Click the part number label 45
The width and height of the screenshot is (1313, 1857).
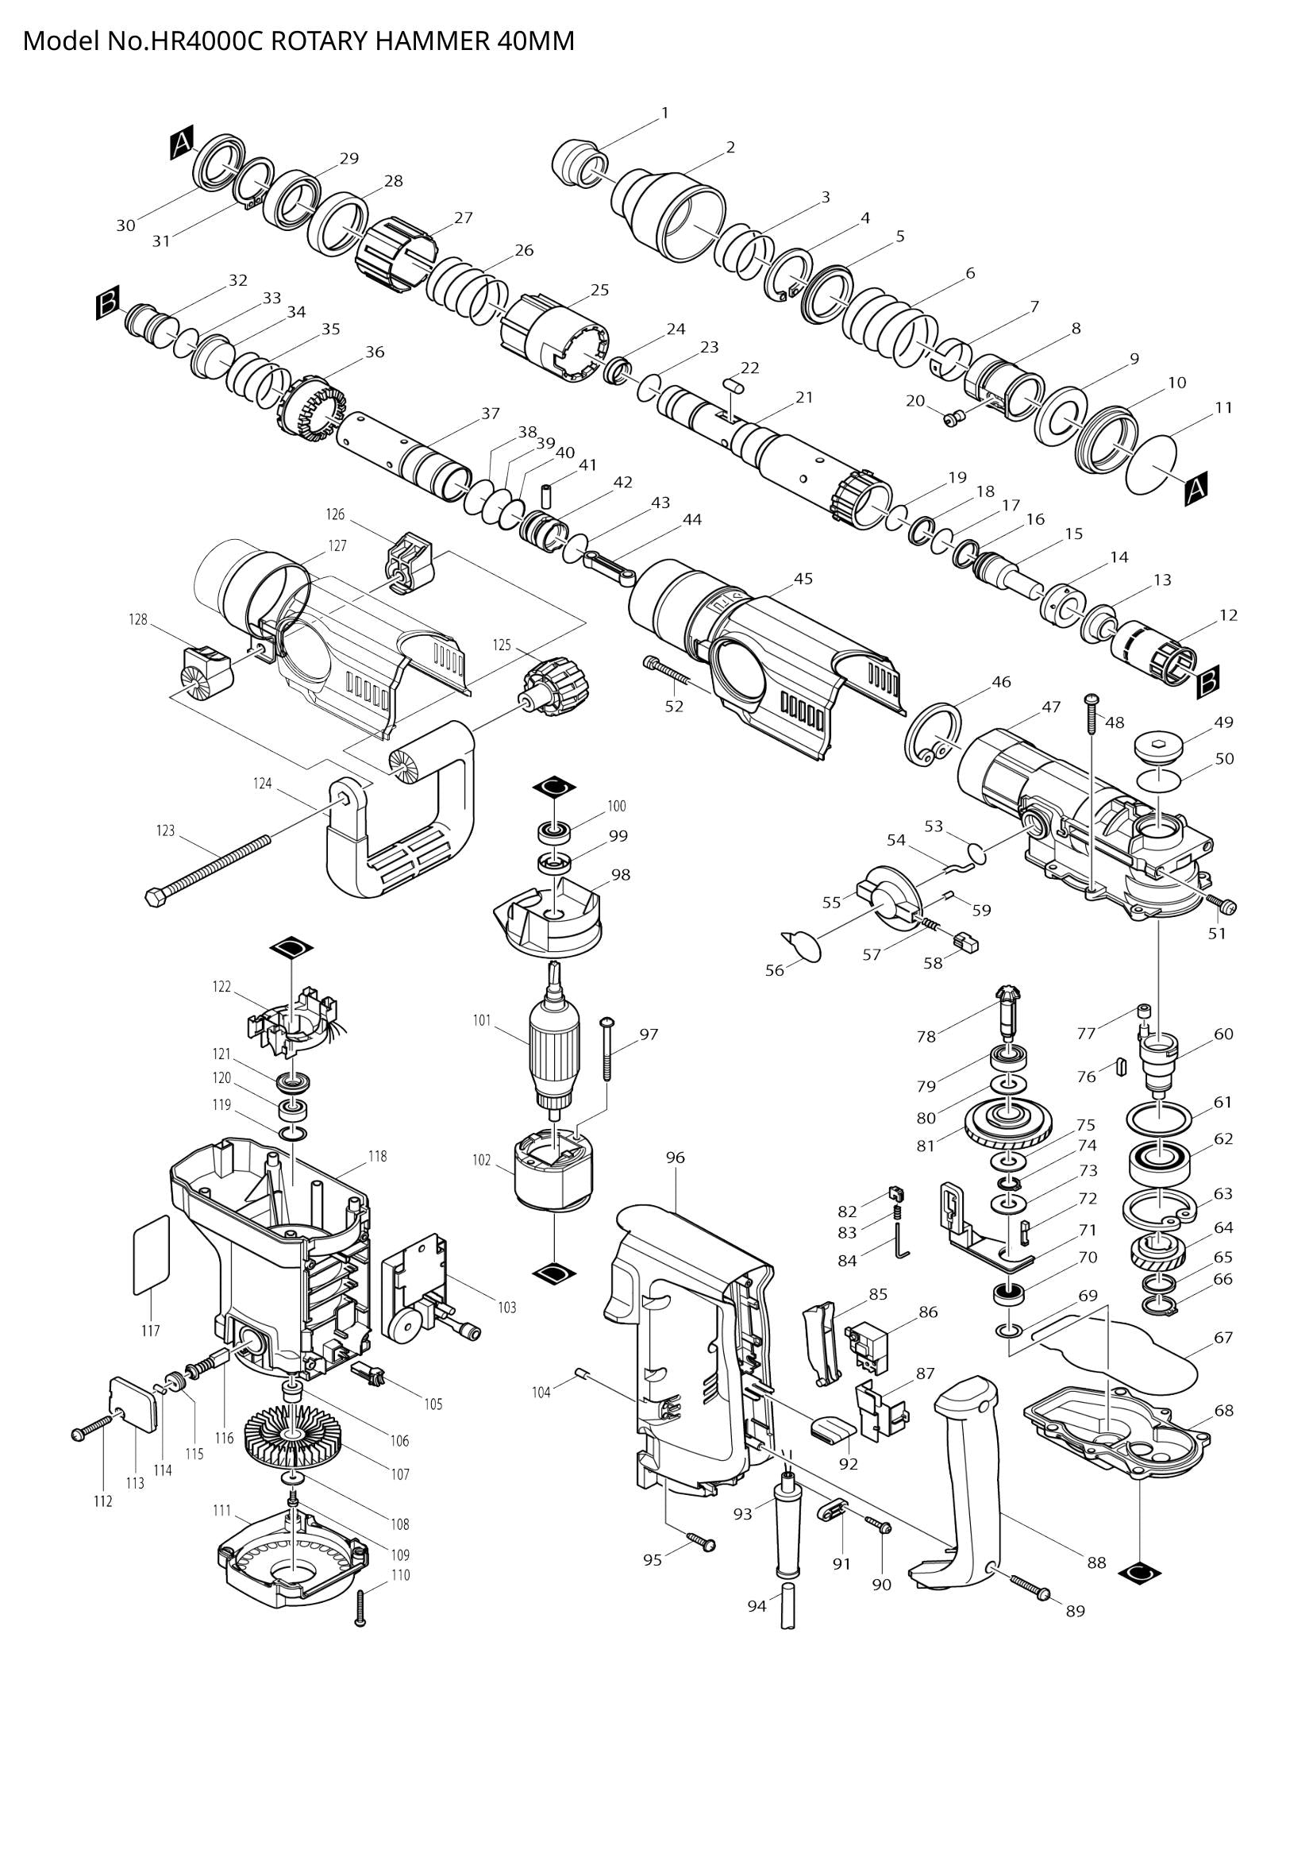(803, 578)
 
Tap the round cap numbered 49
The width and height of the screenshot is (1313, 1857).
(1158, 745)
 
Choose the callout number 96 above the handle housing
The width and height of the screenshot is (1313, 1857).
(675, 1158)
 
